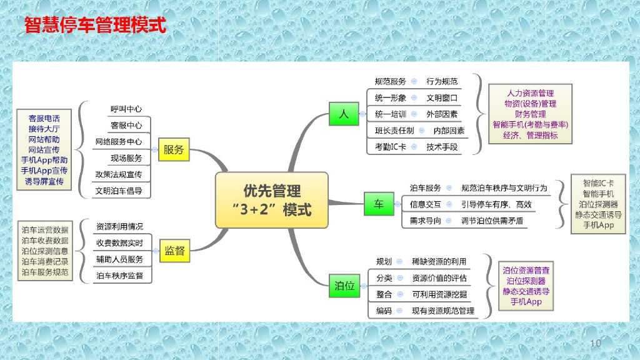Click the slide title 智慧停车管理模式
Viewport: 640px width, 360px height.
[x=95, y=26]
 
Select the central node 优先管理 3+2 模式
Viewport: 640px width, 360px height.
[x=271, y=200]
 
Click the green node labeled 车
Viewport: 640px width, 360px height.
[x=378, y=204]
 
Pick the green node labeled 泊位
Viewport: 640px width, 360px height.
[x=344, y=286]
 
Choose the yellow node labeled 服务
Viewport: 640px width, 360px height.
[x=174, y=150]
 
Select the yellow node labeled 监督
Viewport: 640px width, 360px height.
[x=174, y=251]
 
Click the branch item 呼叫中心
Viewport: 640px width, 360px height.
[x=126, y=109]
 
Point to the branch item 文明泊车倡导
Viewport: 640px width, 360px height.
[x=119, y=191]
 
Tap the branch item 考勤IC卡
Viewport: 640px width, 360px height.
[x=390, y=147]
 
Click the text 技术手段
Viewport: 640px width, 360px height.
[x=442, y=147]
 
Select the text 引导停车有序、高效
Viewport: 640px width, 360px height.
[x=496, y=204]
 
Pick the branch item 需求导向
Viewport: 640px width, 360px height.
[x=425, y=221]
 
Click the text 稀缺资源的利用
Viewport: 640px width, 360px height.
[x=439, y=261]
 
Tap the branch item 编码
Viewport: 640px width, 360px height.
[x=384, y=310]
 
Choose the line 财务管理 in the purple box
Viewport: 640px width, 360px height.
[x=530, y=114]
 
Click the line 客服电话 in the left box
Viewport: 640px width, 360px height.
[x=44, y=118]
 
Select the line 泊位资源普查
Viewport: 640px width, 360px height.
[x=526, y=271]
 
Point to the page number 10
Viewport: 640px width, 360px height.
[x=595, y=343]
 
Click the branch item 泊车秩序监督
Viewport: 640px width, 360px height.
[x=119, y=275]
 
